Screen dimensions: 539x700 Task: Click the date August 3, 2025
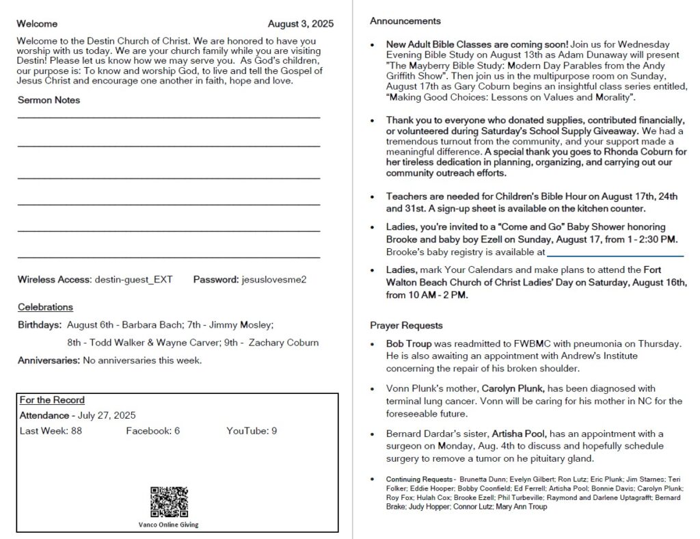click(x=301, y=24)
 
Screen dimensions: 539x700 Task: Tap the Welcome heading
click(x=38, y=24)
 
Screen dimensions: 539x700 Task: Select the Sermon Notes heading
click(x=49, y=100)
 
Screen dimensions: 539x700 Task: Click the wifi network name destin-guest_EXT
click(x=133, y=279)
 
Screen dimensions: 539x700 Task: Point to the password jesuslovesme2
click(x=274, y=279)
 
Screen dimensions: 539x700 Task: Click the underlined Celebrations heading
click(x=45, y=307)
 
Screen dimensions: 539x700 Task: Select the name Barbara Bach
click(x=150, y=325)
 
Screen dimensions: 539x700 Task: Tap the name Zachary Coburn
click(x=284, y=343)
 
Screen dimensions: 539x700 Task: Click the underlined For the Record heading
click(x=52, y=400)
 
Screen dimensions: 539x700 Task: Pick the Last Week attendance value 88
click(x=76, y=431)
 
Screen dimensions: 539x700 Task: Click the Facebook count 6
click(x=177, y=431)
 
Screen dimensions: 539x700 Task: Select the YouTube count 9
click(x=274, y=431)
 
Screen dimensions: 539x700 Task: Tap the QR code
click(x=169, y=502)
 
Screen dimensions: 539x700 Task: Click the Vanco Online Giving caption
click(x=168, y=525)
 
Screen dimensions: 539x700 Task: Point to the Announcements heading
click(x=405, y=21)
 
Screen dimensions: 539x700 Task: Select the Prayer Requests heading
click(x=406, y=326)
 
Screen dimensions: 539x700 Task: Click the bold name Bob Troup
click(x=409, y=343)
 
